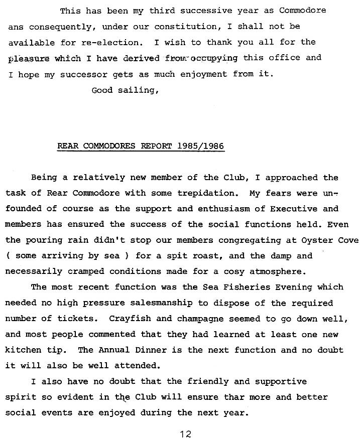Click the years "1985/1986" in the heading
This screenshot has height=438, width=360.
(x=200, y=147)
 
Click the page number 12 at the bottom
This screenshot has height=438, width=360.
(x=185, y=433)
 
